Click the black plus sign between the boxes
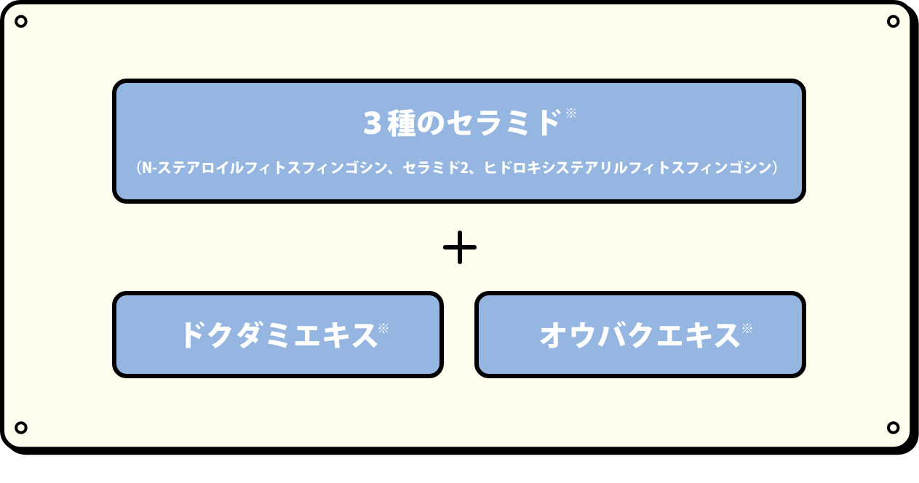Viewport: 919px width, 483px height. coord(460,247)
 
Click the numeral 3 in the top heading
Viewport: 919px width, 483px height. coord(373,123)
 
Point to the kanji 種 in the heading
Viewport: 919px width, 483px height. coord(401,123)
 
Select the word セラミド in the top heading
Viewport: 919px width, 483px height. coord(504,123)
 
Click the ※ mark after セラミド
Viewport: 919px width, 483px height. coord(571,113)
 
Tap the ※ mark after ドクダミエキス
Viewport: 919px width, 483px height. coord(383,328)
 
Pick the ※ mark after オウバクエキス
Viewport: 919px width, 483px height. coord(747,328)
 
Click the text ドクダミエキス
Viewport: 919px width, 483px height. coord(279,335)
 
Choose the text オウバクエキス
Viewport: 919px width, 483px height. coord(640,335)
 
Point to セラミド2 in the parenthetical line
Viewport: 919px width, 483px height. coord(435,168)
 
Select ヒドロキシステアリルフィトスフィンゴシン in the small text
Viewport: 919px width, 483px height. coord(628,168)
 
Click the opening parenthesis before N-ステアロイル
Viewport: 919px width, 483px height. coord(138,168)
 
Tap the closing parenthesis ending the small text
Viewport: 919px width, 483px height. coord(775,168)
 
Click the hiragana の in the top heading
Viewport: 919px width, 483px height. coord(430,123)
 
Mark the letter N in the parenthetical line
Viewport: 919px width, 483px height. coord(146,168)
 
